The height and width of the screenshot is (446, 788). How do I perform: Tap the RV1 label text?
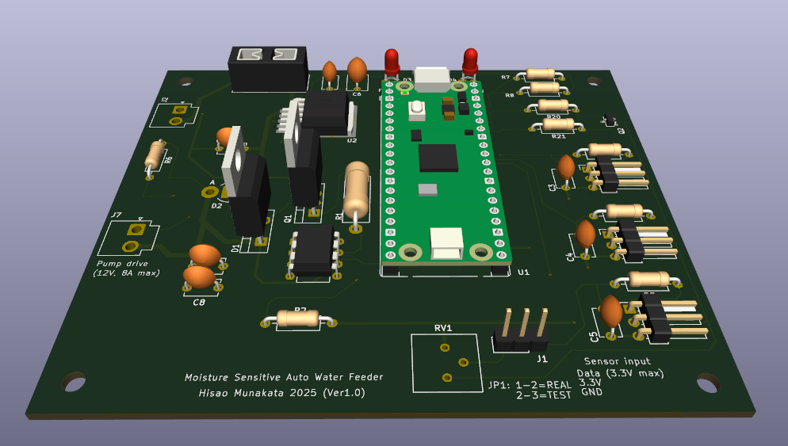[442, 328]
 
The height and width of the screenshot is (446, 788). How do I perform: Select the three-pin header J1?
[522, 331]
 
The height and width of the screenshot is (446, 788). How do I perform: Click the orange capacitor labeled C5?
[610, 311]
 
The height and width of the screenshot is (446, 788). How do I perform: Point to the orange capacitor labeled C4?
[585, 235]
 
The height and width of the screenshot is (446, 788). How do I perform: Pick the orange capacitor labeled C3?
[566, 168]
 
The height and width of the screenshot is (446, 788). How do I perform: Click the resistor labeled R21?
[558, 124]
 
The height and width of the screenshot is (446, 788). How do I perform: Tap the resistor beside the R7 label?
[540, 74]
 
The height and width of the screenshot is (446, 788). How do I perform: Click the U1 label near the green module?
[523, 273]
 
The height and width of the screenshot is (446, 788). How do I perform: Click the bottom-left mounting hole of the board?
[74, 383]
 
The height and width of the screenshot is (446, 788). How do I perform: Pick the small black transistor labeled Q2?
[609, 120]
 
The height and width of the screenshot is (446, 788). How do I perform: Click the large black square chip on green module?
[438, 157]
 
